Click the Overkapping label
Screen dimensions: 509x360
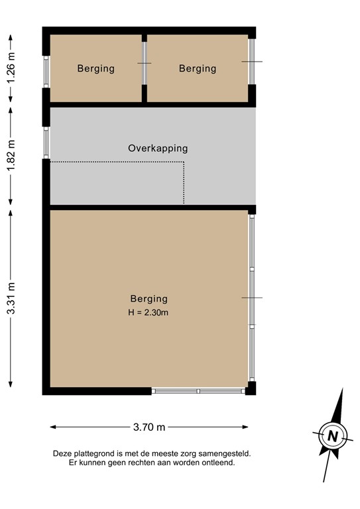coord(158,148)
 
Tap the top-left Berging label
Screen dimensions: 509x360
coord(95,68)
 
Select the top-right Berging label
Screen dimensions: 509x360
coord(198,68)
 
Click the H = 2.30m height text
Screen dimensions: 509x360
coord(149,312)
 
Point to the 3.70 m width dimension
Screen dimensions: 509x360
coord(149,427)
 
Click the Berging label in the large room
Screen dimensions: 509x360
coord(149,299)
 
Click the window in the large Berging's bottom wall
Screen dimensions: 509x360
coord(199,392)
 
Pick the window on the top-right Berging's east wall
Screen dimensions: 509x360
coord(251,62)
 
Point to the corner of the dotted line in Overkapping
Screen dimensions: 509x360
coord(184,162)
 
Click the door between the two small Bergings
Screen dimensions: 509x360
coord(145,63)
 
